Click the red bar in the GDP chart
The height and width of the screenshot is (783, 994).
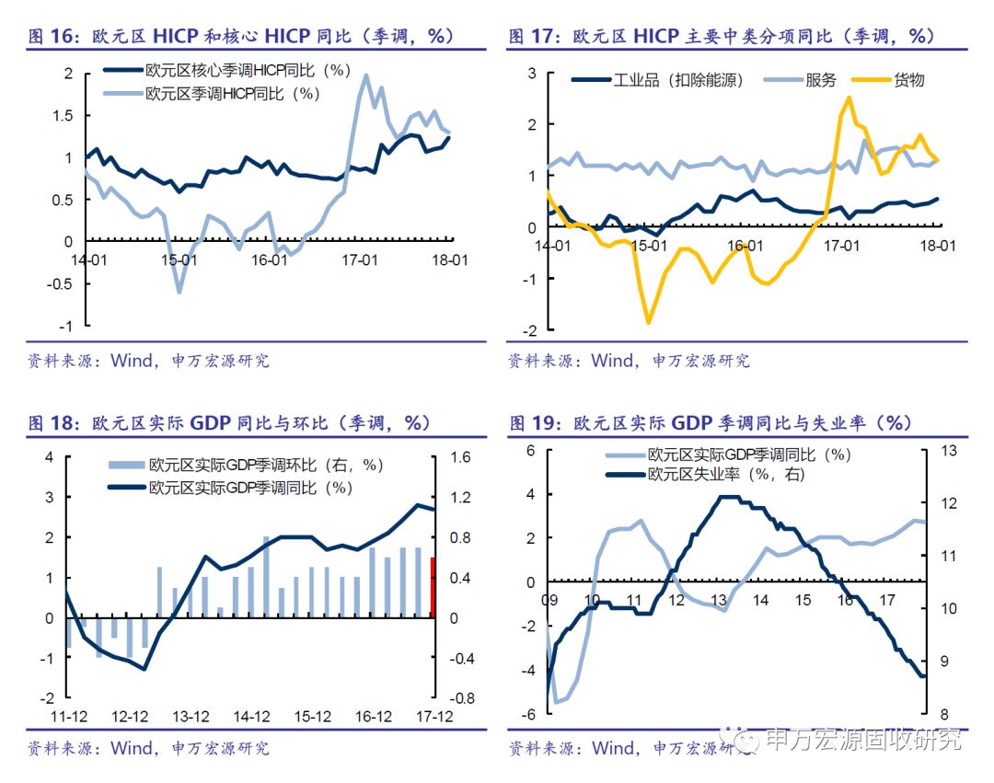pyautogui.click(x=433, y=587)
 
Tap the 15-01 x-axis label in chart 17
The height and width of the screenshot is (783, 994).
pyautogui.click(x=647, y=247)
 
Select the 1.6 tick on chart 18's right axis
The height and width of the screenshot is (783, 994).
pyautogui.click(x=461, y=457)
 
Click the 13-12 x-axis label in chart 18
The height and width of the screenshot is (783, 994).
pyautogui.click(x=191, y=717)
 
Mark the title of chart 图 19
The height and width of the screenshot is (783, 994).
pyautogui.click(x=709, y=422)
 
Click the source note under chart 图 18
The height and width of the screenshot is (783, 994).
pyautogui.click(x=148, y=748)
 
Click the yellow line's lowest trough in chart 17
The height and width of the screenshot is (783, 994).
pyautogui.click(x=649, y=321)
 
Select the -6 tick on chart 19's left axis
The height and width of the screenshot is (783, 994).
pyautogui.click(x=529, y=714)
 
